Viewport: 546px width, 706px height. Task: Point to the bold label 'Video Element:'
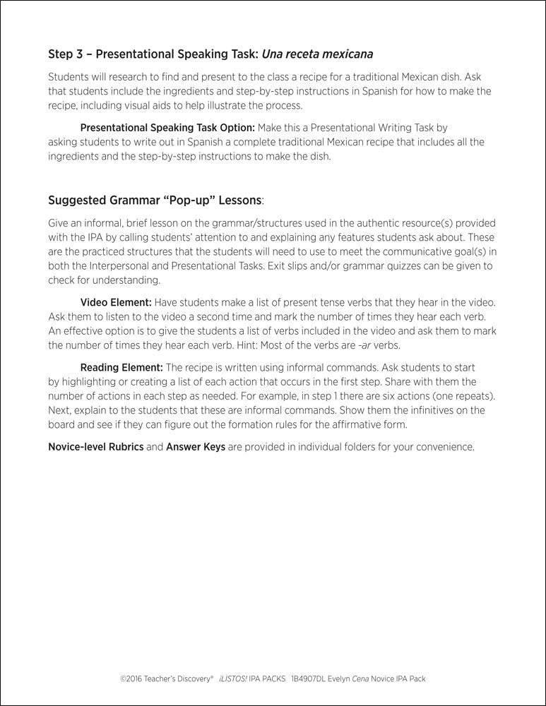[116, 302]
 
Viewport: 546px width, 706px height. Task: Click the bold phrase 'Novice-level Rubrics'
[95, 447]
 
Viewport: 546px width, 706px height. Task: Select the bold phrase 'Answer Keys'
[195, 447]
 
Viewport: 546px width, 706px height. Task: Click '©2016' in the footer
[131, 678]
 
